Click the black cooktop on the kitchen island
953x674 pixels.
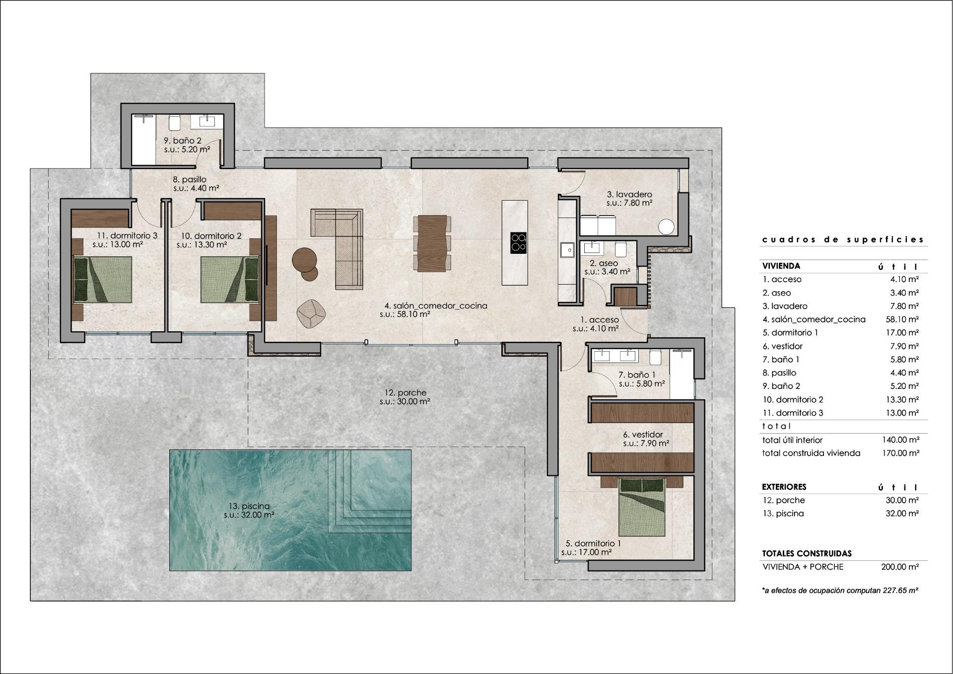[x=518, y=243]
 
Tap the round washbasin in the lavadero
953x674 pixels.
[x=666, y=227]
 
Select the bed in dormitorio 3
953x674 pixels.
[x=103, y=280]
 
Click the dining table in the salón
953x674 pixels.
[x=432, y=243]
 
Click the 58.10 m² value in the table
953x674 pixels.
[x=902, y=319]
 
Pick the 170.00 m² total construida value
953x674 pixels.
[x=900, y=453]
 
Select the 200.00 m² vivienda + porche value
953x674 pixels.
[x=900, y=567]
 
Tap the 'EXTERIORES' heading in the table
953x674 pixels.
[x=784, y=487]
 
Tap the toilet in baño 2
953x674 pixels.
[x=174, y=122]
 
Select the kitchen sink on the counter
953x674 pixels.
[x=566, y=250]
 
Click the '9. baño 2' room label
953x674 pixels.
[x=183, y=141]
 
